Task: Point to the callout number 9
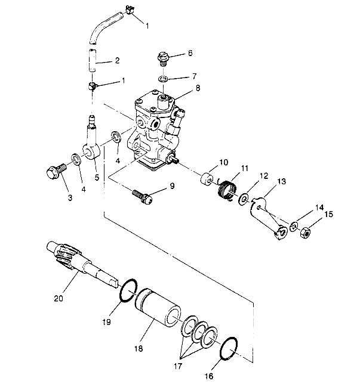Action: tap(172, 187)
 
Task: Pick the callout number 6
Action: tap(190, 53)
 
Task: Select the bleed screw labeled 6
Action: tap(162, 58)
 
